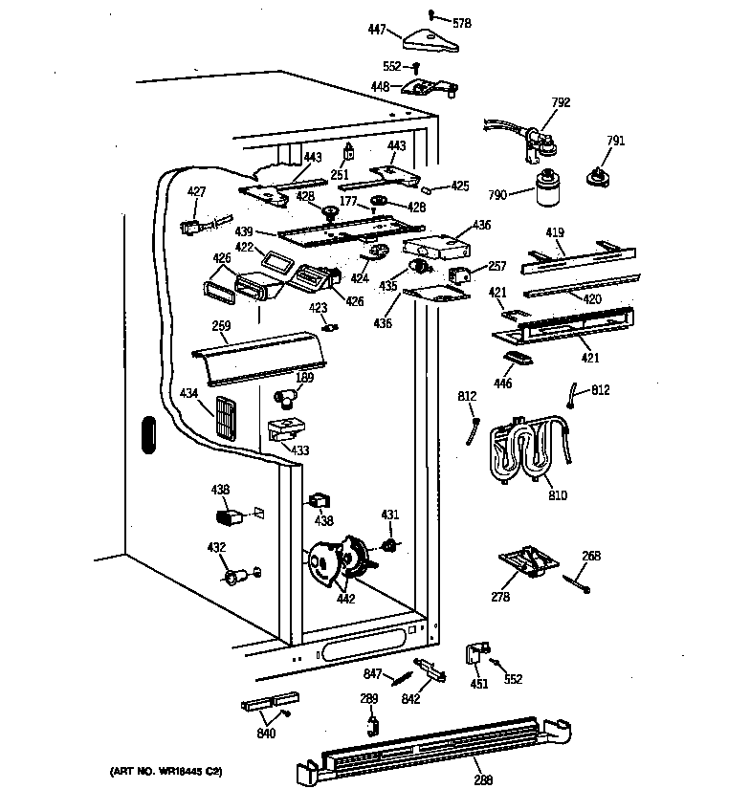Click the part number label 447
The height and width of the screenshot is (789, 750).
click(376, 31)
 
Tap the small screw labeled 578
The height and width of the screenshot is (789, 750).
click(431, 14)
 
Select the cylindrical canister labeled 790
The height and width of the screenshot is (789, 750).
click(549, 190)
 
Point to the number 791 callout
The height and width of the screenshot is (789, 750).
click(615, 141)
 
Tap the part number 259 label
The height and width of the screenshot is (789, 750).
click(221, 326)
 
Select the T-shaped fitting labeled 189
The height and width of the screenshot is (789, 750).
click(284, 396)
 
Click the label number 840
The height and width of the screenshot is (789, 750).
click(266, 734)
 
